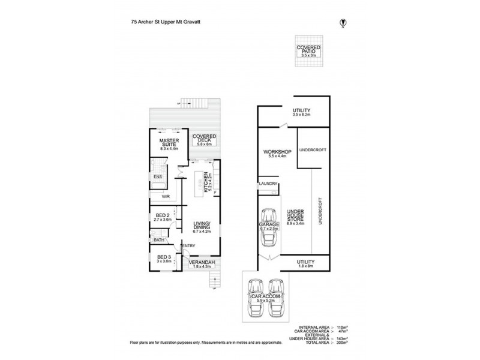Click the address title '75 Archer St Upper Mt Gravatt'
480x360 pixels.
point(164,20)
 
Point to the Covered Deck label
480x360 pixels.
point(203,139)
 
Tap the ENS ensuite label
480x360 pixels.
point(157,177)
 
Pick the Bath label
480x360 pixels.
point(159,240)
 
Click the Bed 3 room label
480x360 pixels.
point(163,259)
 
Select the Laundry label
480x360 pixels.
point(268,184)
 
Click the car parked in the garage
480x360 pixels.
point(268,228)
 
